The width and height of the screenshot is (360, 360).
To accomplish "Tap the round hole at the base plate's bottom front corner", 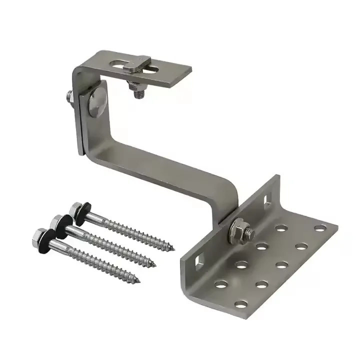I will click(x=241, y=303).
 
